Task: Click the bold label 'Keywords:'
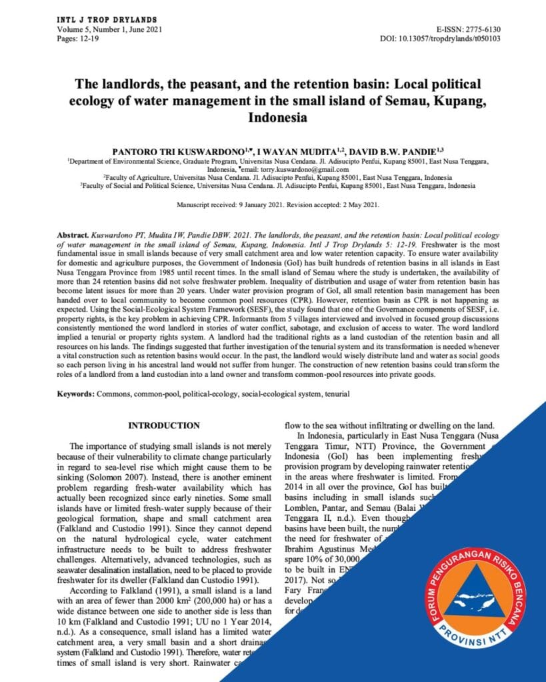(75, 394)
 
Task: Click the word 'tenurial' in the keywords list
(337, 394)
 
